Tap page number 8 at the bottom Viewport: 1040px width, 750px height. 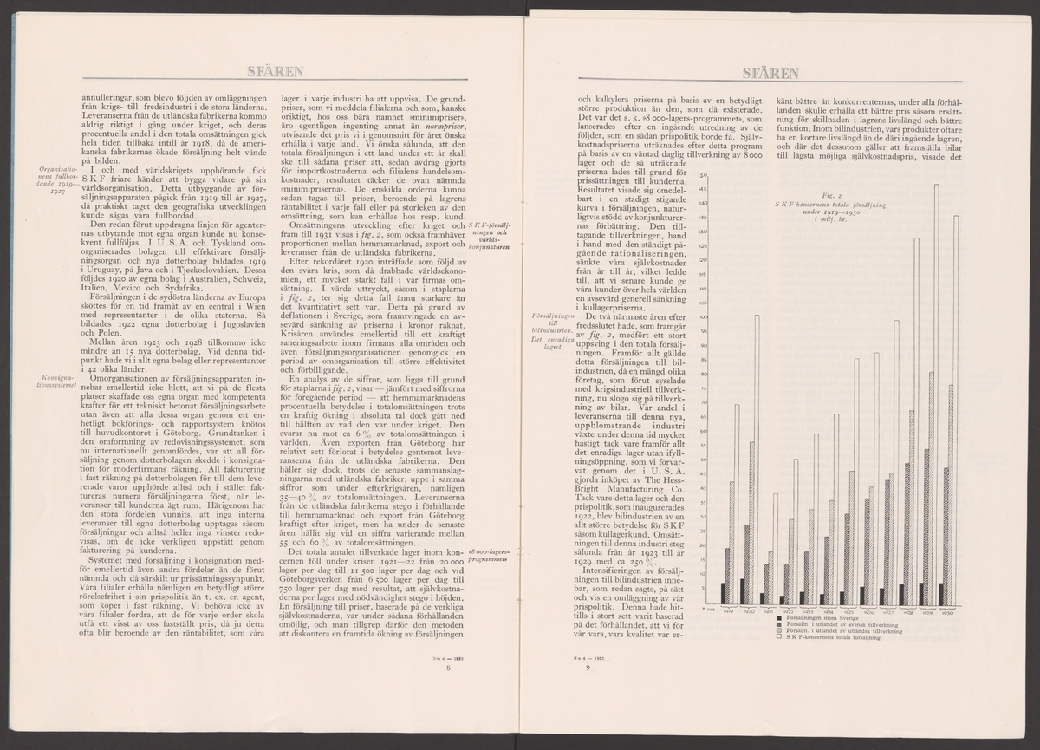(x=448, y=668)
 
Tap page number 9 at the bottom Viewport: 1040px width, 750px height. (x=588, y=668)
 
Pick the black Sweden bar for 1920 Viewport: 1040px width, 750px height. (x=743, y=590)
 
